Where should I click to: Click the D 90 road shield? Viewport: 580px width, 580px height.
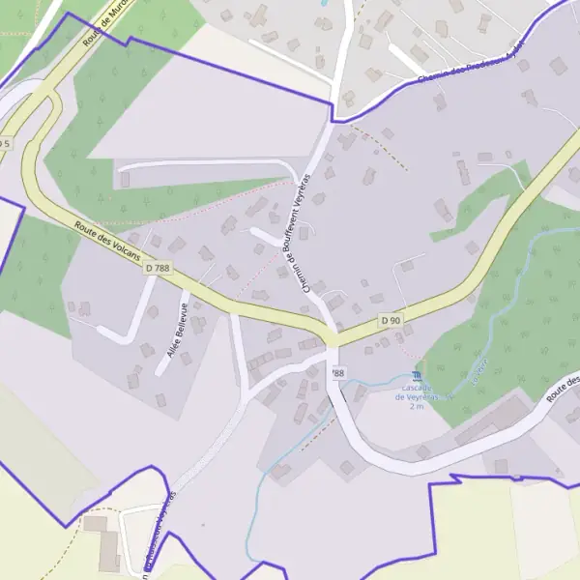click(391, 320)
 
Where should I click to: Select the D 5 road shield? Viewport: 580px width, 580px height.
click(5, 143)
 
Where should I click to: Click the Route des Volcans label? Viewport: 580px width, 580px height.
click(107, 243)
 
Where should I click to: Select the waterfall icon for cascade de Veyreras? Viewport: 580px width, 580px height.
click(417, 375)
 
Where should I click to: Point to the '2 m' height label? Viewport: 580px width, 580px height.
click(417, 407)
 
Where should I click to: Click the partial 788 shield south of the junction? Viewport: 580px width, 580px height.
click(336, 372)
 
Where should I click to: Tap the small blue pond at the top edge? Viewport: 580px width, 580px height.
click(323, 3)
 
